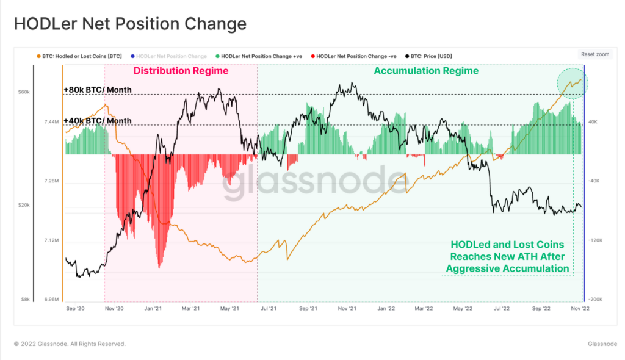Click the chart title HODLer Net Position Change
pos(130,24)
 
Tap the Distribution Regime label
pos(181,71)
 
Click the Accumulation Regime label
pos(426,71)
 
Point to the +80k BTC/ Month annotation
pos(97,90)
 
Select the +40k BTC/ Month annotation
pos(97,121)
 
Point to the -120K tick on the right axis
pos(594,240)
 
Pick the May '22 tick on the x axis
pos(463,309)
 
